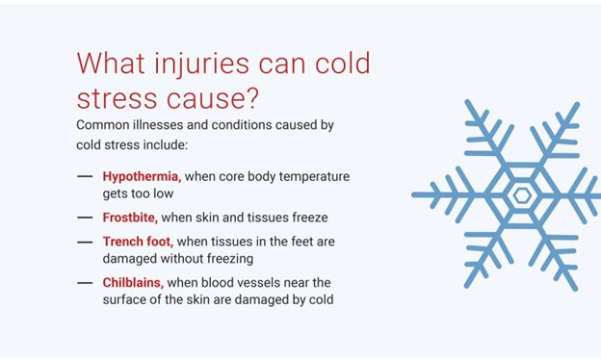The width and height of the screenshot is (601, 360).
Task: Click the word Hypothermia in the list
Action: coord(142,177)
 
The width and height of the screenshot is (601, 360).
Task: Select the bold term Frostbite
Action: coord(130,218)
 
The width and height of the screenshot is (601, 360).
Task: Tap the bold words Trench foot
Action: coord(138,242)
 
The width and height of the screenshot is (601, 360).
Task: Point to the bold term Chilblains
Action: coord(133,282)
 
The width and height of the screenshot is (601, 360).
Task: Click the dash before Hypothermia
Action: coord(85,177)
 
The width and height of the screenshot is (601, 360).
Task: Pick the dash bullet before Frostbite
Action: coord(85,218)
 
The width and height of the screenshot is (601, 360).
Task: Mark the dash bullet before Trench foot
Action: coord(85,242)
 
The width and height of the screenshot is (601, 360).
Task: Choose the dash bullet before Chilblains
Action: coord(85,282)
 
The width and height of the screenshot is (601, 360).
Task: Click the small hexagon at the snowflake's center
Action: coord(522,195)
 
